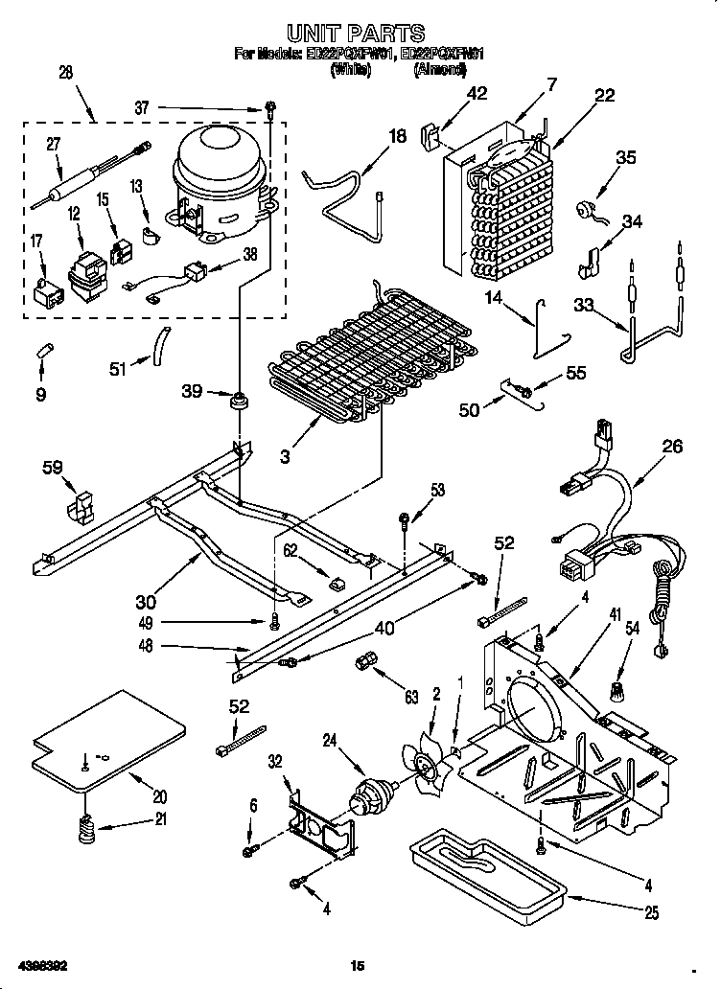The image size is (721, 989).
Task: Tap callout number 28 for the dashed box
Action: point(66,73)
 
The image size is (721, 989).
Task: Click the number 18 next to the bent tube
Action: point(397,136)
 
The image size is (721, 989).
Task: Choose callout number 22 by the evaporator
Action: point(604,94)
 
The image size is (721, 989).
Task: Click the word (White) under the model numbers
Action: point(350,71)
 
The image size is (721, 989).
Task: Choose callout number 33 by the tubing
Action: point(582,306)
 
